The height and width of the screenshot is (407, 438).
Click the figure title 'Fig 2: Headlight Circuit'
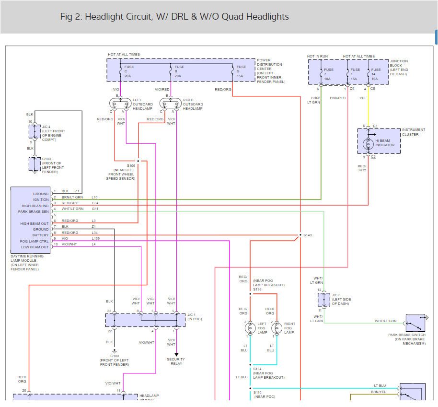[174, 17]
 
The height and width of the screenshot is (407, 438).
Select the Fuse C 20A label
[129, 71]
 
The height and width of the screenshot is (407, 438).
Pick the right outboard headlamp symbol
[171, 104]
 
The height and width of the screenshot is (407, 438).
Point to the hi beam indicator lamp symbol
[368, 143]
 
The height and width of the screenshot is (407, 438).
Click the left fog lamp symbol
[250, 328]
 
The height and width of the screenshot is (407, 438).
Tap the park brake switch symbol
[415, 324]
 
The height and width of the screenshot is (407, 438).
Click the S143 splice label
[307, 235]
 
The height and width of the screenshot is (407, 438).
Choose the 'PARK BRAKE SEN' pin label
[34, 211]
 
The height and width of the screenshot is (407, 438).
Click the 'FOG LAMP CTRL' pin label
[34, 241]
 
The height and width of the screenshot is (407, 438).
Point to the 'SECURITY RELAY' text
[176, 361]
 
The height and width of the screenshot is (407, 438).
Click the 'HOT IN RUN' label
[317, 57]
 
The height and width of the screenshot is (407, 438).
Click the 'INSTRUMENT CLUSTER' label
[410, 132]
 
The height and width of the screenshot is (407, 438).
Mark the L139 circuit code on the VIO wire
[96, 238]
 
